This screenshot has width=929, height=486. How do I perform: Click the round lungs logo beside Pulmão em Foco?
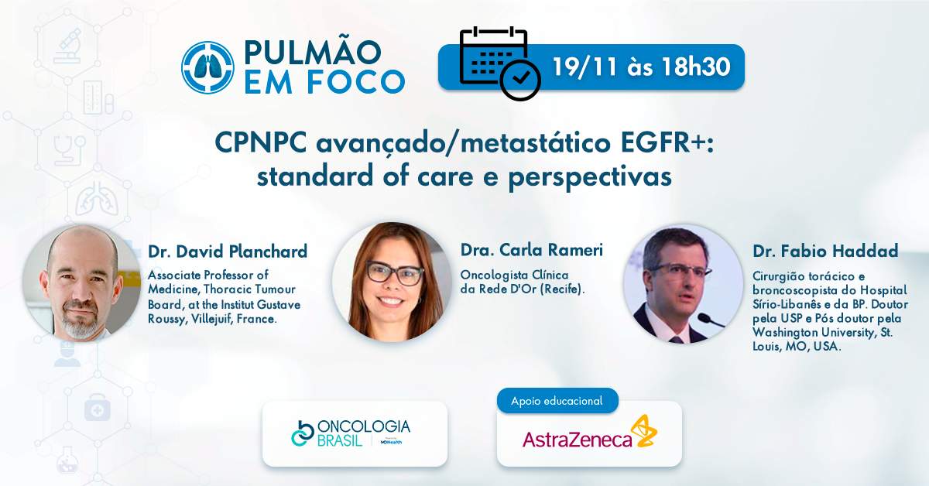click(207, 67)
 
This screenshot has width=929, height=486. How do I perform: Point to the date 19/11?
click(584, 67)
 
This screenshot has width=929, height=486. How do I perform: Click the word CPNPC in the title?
click(261, 142)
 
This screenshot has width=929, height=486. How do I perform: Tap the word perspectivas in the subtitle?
click(590, 177)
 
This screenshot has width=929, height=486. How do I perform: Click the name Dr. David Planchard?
click(228, 252)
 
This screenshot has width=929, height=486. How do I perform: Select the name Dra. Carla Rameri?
click(532, 250)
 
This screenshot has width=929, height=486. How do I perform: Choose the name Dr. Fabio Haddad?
click(825, 251)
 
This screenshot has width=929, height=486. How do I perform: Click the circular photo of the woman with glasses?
click(392, 282)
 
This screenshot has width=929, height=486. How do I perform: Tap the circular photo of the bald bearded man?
click(82, 283)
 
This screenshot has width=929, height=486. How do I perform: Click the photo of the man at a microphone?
click(684, 284)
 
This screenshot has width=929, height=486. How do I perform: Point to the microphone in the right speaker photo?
click(710, 320)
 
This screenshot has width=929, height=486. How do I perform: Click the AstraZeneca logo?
click(589, 433)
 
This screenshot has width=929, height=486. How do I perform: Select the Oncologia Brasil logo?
click(351, 433)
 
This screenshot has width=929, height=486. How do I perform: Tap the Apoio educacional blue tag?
click(557, 401)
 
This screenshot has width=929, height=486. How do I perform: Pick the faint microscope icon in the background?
click(67, 46)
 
